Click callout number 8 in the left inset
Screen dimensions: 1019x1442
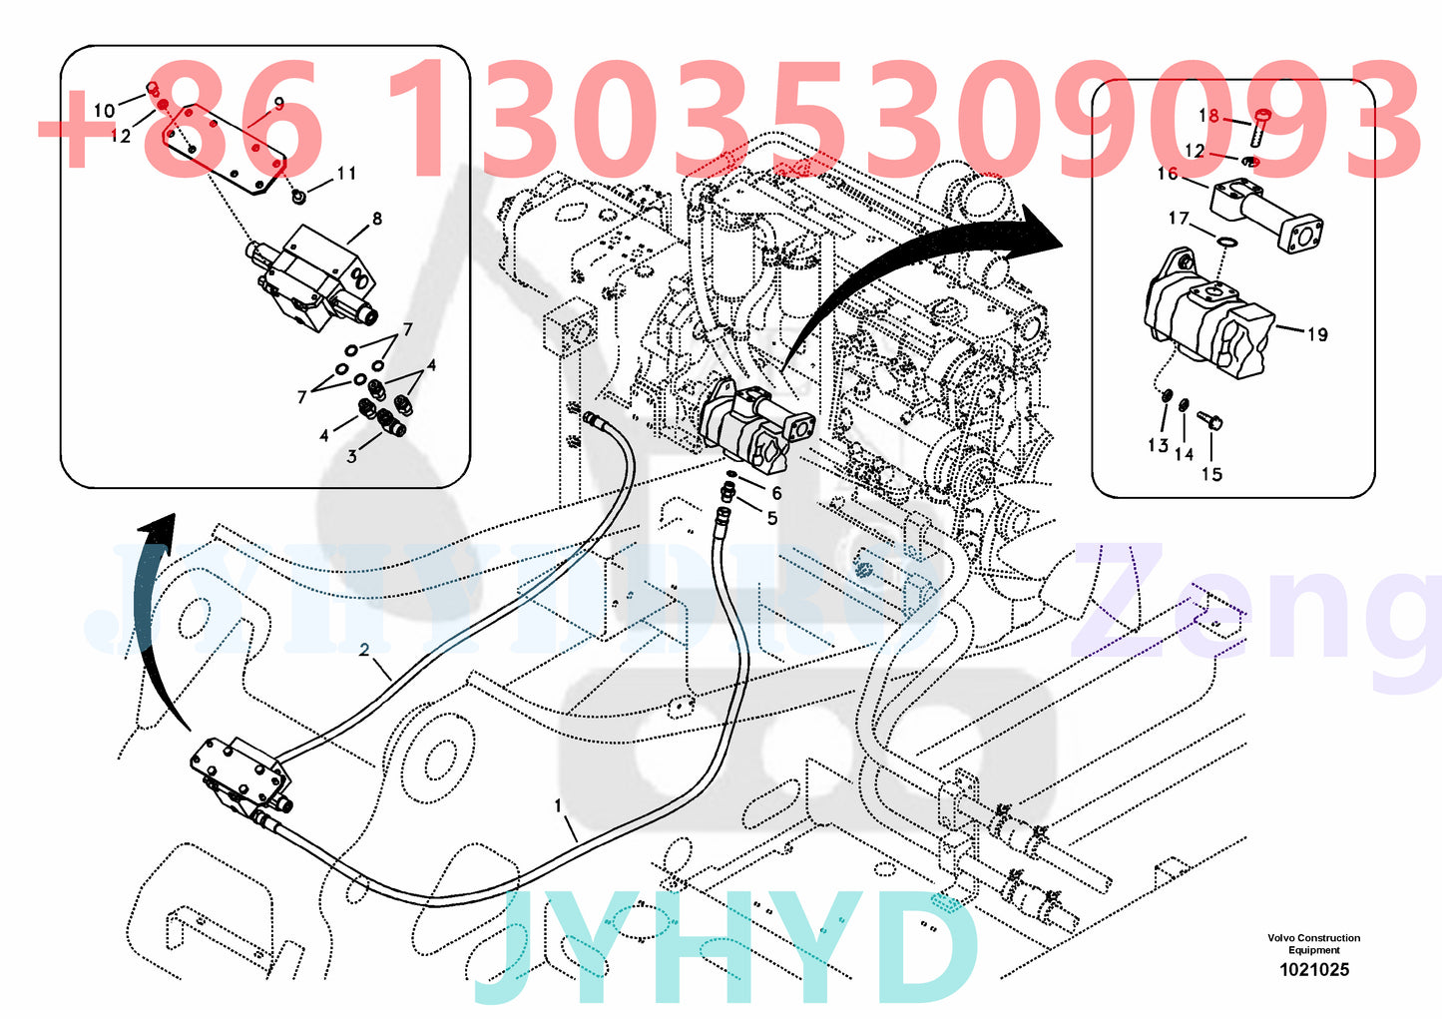click(x=376, y=219)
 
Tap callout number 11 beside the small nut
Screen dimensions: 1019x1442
click(x=345, y=173)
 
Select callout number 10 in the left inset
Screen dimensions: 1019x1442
click(x=105, y=110)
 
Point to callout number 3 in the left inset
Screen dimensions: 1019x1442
click(x=351, y=457)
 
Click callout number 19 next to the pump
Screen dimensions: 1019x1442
click(x=1317, y=334)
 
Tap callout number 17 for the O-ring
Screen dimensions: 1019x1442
click(x=1179, y=218)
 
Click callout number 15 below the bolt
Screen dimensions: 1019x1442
click(x=1211, y=474)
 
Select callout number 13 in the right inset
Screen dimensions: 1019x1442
click(x=1158, y=445)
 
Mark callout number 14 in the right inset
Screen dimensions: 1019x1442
click(x=1184, y=454)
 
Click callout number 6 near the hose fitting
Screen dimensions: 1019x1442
click(x=775, y=493)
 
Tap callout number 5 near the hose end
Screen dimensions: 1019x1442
click(x=771, y=517)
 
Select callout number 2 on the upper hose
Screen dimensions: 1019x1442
click(x=364, y=650)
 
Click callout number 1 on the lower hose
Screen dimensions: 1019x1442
click(x=558, y=805)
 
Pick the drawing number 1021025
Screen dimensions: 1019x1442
click(x=1314, y=969)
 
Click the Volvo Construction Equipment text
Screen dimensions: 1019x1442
click(x=1313, y=944)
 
